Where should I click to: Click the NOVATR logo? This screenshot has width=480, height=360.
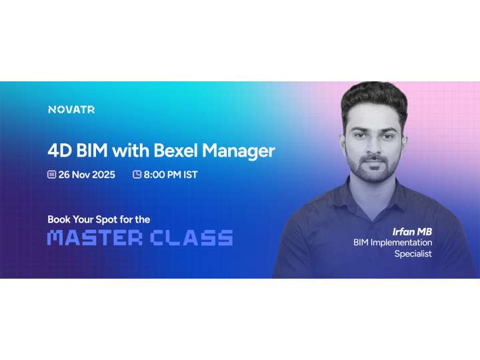tap(71, 109)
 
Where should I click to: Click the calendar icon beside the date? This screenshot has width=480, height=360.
tap(51, 175)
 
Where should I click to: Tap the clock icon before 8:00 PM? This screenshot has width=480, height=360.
tap(137, 175)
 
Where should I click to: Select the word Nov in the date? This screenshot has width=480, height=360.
tap(81, 175)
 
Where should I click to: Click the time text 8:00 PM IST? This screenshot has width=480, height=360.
tap(171, 175)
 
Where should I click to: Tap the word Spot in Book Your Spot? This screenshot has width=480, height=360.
tap(109, 219)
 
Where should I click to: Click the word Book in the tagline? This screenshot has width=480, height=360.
tap(59, 219)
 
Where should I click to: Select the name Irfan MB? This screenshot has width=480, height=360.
tap(412, 231)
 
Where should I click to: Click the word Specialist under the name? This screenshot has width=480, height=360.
tap(413, 254)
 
